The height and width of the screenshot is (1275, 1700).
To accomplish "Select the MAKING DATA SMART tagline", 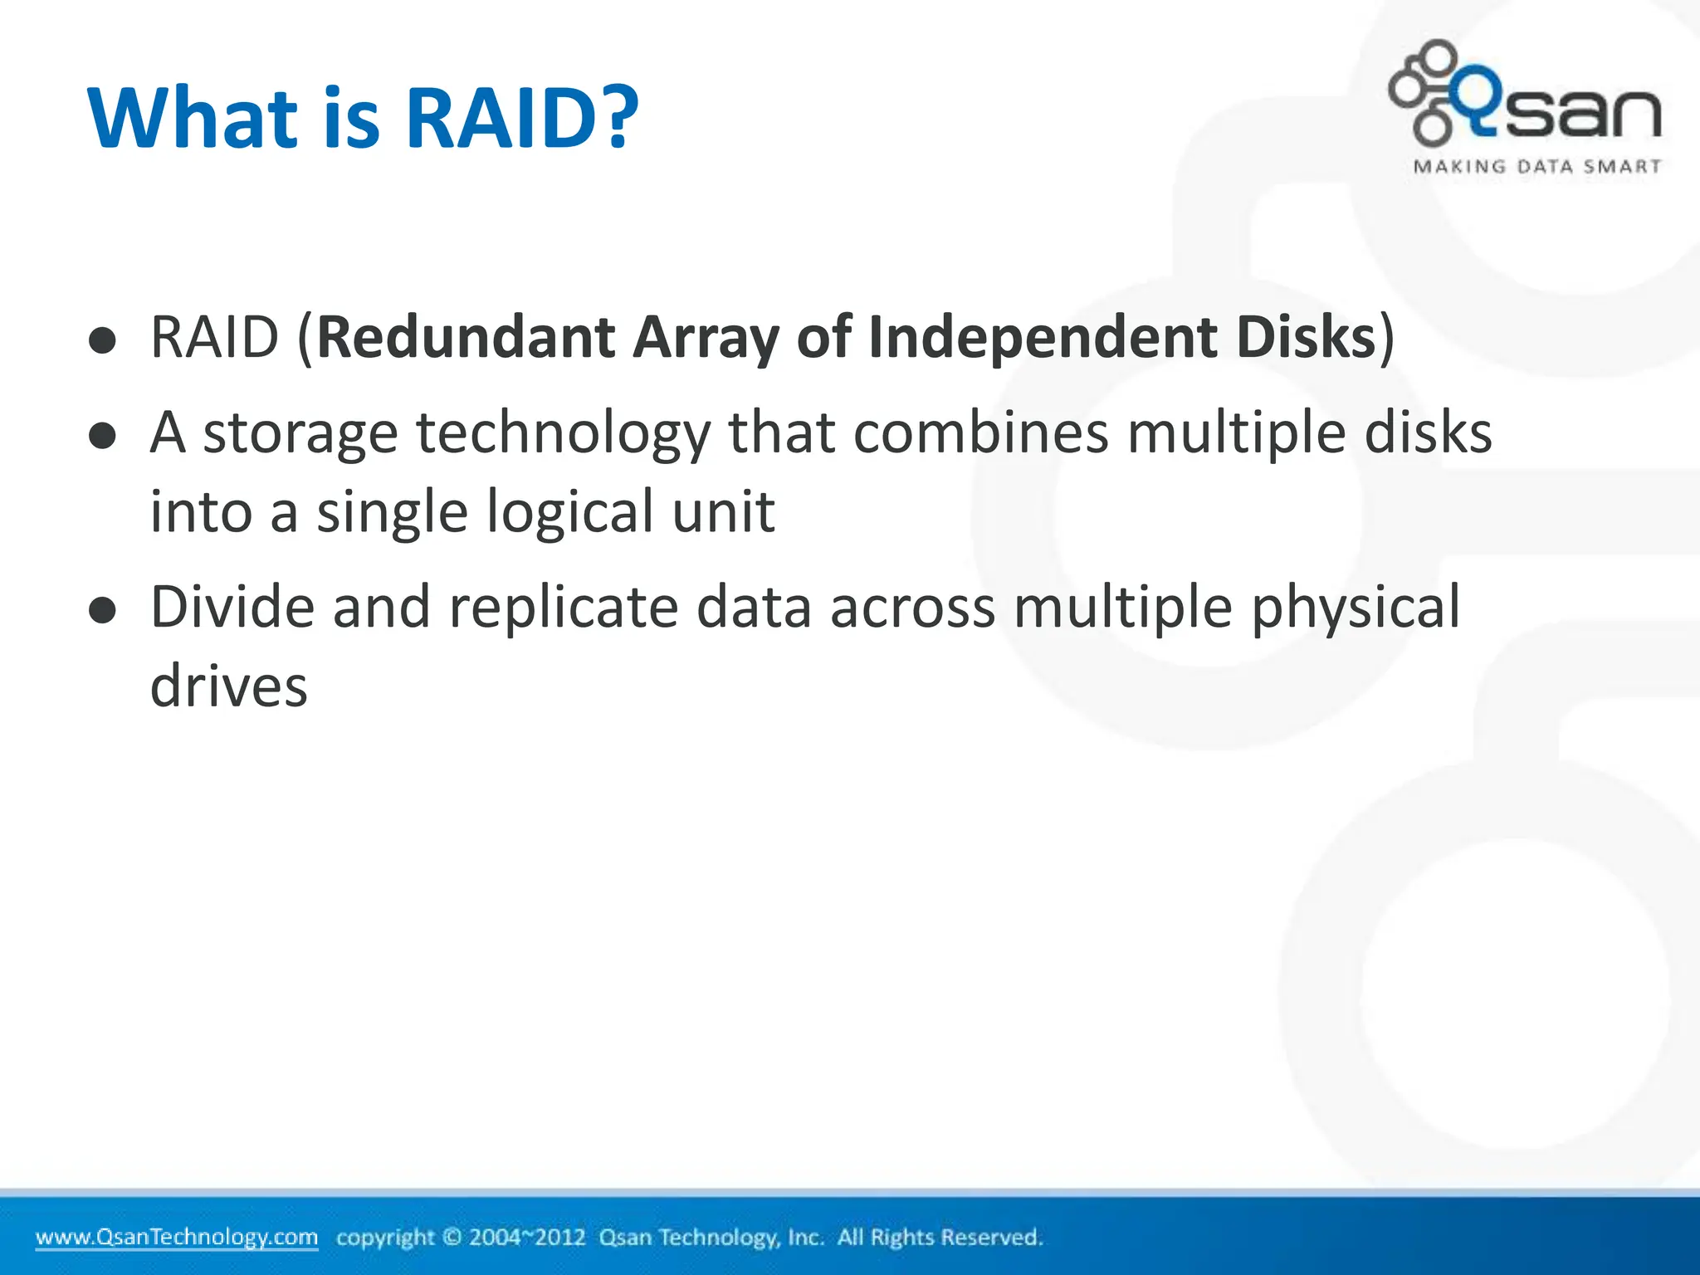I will (x=1537, y=167).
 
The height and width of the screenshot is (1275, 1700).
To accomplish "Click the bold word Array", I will (x=705, y=338).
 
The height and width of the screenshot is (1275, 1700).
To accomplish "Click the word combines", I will (x=980, y=433).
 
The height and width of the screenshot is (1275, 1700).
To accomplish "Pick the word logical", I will (x=569, y=512).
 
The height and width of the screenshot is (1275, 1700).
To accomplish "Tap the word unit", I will (x=723, y=512).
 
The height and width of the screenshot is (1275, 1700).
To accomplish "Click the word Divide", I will (x=232, y=607).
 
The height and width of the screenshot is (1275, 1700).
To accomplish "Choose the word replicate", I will (x=564, y=607).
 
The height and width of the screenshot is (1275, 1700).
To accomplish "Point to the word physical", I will (x=1355, y=607).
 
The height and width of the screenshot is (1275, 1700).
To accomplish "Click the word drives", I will (x=228, y=686).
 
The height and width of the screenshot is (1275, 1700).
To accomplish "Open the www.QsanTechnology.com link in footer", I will (x=177, y=1237).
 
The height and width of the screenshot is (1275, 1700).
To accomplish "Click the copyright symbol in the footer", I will (x=452, y=1238).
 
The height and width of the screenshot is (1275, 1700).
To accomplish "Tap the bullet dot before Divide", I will (x=102, y=612).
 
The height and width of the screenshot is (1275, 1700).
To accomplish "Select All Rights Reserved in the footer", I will (x=939, y=1238).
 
